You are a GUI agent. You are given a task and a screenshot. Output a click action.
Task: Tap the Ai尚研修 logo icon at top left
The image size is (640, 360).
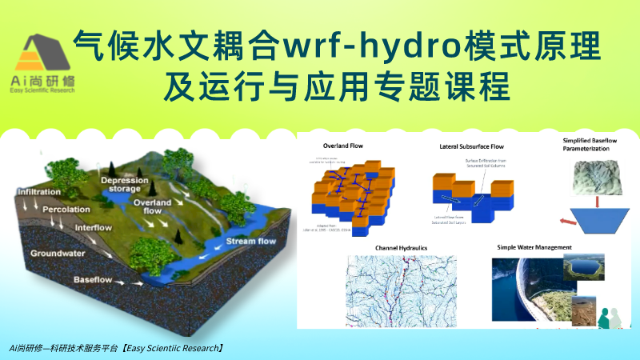click(50, 54)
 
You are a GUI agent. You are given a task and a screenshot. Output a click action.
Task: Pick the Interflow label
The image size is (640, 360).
click(94, 229)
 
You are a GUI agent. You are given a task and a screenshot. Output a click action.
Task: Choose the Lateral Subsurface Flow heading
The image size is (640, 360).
click(471, 147)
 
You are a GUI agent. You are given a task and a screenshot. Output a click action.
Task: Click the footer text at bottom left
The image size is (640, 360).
click(116, 349)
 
